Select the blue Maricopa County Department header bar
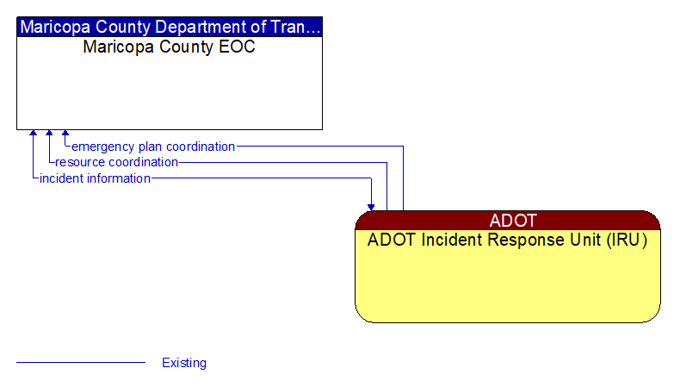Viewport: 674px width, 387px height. [x=170, y=27]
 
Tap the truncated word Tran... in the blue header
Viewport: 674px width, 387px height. [x=298, y=27]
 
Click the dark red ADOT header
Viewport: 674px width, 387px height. [x=508, y=220]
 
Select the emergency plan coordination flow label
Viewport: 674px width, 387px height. [x=153, y=147]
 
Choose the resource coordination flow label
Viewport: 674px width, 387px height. [x=117, y=162]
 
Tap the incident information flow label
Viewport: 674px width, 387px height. [x=95, y=178]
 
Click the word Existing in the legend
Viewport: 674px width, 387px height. [x=184, y=363]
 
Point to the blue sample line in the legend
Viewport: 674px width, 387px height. [x=81, y=363]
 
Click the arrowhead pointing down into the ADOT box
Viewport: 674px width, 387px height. [x=371, y=206]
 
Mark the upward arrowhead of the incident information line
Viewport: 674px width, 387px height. [x=33, y=134]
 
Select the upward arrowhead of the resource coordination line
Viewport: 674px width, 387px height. [x=49, y=134]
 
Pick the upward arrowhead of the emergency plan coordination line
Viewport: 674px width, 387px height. [x=65, y=134]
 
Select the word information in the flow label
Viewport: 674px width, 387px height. [x=116, y=178]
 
